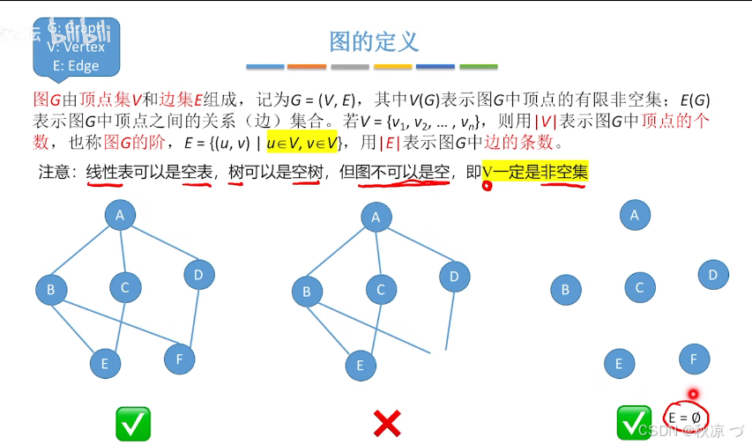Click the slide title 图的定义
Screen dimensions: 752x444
click(x=374, y=41)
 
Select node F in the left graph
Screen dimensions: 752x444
click(x=179, y=359)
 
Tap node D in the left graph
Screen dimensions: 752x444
click(x=199, y=275)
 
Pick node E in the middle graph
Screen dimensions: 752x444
click(x=360, y=365)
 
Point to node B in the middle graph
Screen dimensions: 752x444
click(x=307, y=292)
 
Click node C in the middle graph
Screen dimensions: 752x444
click(x=381, y=289)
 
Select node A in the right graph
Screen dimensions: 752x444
click(x=634, y=214)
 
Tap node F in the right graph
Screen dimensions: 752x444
click(x=694, y=359)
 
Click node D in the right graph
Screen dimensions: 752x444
click(x=713, y=274)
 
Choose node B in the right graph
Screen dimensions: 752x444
click(x=566, y=289)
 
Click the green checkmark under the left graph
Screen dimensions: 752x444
click(x=133, y=424)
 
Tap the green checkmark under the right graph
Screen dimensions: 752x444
click(x=634, y=423)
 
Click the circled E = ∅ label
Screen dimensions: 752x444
click(x=685, y=416)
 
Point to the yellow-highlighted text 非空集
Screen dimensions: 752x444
click(x=563, y=172)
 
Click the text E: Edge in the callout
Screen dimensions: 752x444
click(x=76, y=65)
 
